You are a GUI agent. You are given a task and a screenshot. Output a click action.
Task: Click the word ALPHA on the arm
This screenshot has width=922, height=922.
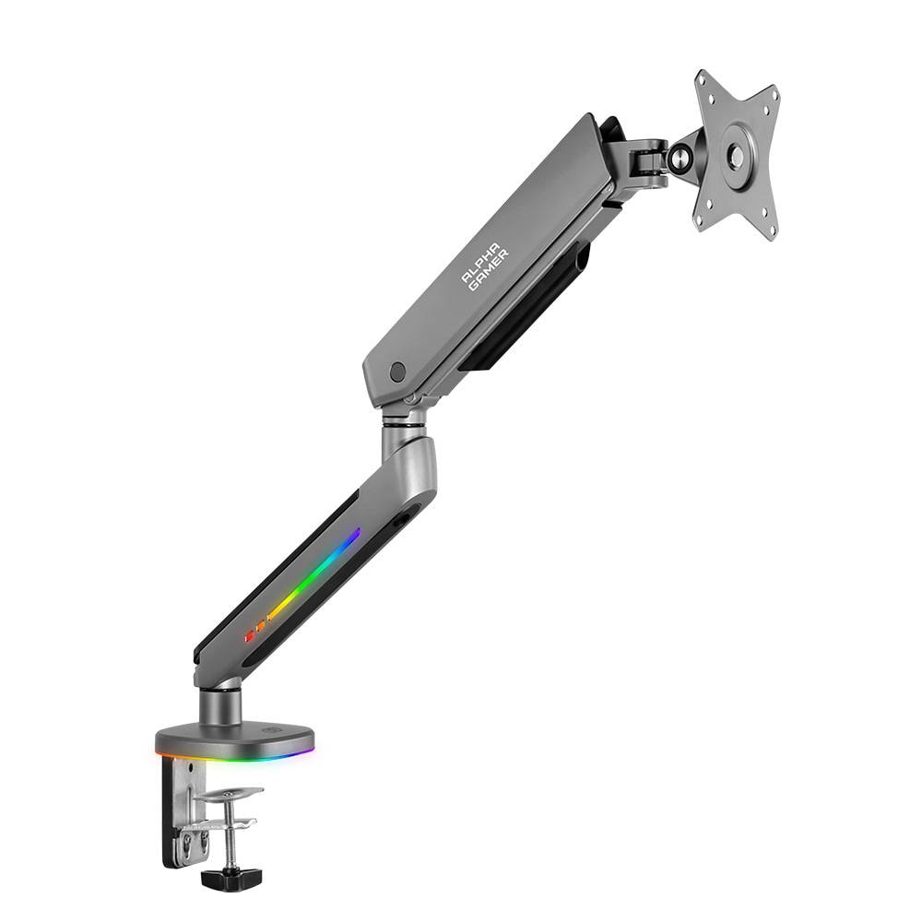tap(479, 261)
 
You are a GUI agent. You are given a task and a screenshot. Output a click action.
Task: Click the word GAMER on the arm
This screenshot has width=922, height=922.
tap(490, 270)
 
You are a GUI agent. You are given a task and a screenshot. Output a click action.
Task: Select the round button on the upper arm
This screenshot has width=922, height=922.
tap(397, 372)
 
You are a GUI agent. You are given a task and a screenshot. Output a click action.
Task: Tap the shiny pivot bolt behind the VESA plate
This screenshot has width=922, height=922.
tap(680, 157)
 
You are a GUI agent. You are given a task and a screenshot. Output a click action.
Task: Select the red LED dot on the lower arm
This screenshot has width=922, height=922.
tap(249, 636)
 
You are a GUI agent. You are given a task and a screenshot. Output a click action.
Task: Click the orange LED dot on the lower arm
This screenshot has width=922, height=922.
tap(260, 627)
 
